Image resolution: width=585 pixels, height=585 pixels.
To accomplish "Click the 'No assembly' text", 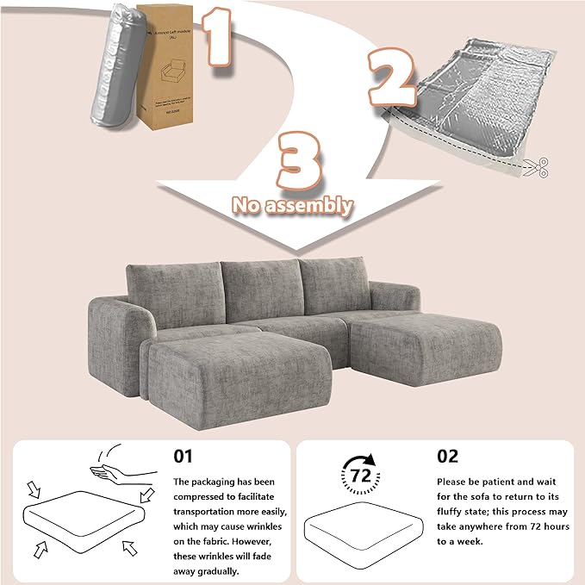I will (x=293, y=205).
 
